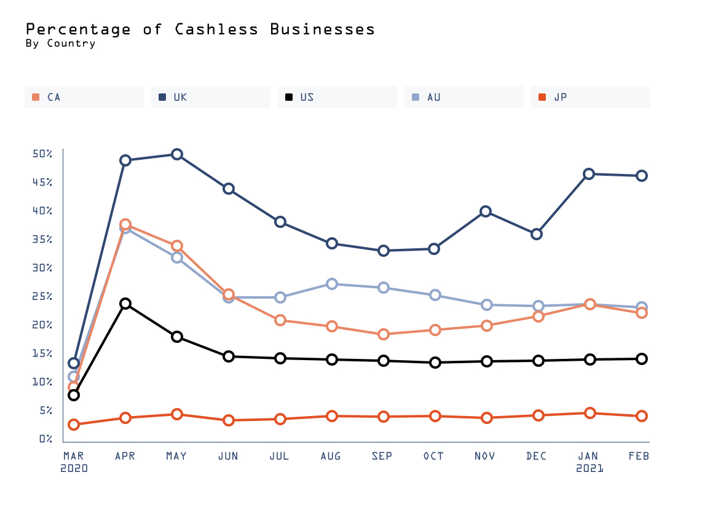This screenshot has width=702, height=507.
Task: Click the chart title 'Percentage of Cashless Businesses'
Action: [x=200, y=29]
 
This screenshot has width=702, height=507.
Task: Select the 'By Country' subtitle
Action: [x=60, y=44]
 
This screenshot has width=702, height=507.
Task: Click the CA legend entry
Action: [x=84, y=97]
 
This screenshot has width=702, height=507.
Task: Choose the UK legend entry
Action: [x=210, y=97]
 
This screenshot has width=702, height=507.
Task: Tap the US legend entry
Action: [x=337, y=97]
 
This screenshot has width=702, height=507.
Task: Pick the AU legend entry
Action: [x=463, y=97]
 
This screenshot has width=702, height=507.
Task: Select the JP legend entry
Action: [x=590, y=97]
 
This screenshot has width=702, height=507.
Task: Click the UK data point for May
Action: [x=177, y=154]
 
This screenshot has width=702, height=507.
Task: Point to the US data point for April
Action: [x=125, y=304]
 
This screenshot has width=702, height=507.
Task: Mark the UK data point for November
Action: [x=486, y=211]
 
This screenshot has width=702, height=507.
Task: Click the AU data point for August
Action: [x=332, y=284]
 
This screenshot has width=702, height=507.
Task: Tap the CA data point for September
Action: [x=384, y=334]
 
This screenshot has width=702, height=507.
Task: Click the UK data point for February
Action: [x=641, y=176]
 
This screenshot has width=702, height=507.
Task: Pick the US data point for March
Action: [x=74, y=395]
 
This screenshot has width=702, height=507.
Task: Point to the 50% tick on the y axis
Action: [x=42, y=154]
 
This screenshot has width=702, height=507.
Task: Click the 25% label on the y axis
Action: [x=42, y=296]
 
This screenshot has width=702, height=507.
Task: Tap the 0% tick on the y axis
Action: [x=45, y=439]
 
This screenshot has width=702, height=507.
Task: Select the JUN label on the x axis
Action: [x=229, y=456]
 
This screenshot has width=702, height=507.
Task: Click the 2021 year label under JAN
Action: [x=590, y=468]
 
